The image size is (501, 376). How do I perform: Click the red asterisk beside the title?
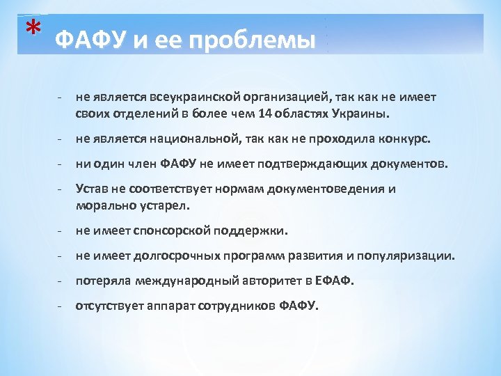pyautogui.click(x=31, y=29)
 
